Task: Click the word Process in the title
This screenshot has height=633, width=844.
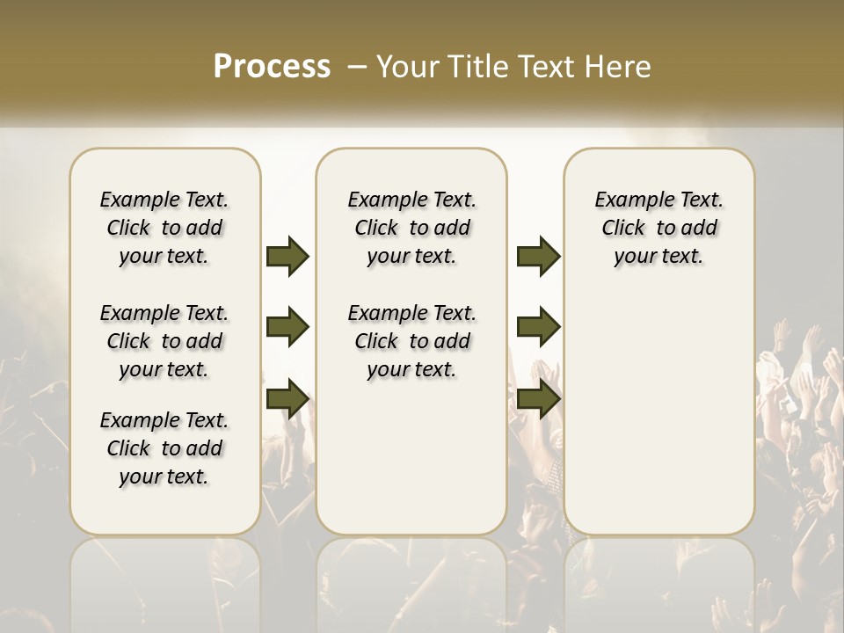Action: tap(272, 67)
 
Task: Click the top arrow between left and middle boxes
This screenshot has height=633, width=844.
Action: tap(287, 256)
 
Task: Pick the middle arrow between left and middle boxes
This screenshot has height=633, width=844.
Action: tap(287, 328)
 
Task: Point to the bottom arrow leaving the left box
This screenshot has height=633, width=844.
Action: tap(287, 399)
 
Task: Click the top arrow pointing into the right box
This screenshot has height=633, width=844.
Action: tap(538, 256)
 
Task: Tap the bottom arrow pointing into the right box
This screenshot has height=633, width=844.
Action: tap(538, 399)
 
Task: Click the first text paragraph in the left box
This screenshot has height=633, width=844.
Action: tap(164, 228)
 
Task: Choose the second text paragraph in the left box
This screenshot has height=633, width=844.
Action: tap(164, 341)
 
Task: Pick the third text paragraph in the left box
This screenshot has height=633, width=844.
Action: tap(164, 448)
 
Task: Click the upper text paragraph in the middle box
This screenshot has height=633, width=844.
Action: tap(412, 228)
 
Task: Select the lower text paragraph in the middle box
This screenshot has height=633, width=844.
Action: tap(412, 341)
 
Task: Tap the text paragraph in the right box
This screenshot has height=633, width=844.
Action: tap(659, 228)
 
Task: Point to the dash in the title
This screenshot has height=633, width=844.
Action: tap(357, 67)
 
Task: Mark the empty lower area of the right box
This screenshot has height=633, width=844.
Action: tap(659, 413)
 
